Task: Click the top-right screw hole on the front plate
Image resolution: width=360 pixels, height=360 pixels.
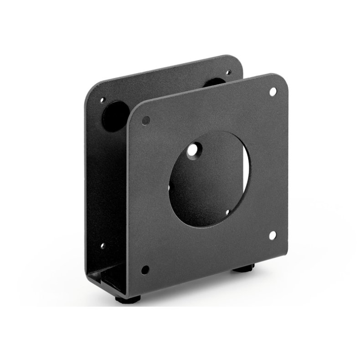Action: click(273, 92)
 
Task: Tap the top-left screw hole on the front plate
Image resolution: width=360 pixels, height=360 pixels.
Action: click(146, 120)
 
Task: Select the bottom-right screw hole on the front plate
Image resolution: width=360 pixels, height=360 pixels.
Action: click(273, 235)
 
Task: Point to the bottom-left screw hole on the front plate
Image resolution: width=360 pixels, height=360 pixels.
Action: click(146, 268)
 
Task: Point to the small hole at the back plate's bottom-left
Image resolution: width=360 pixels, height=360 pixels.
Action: click(103, 247)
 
